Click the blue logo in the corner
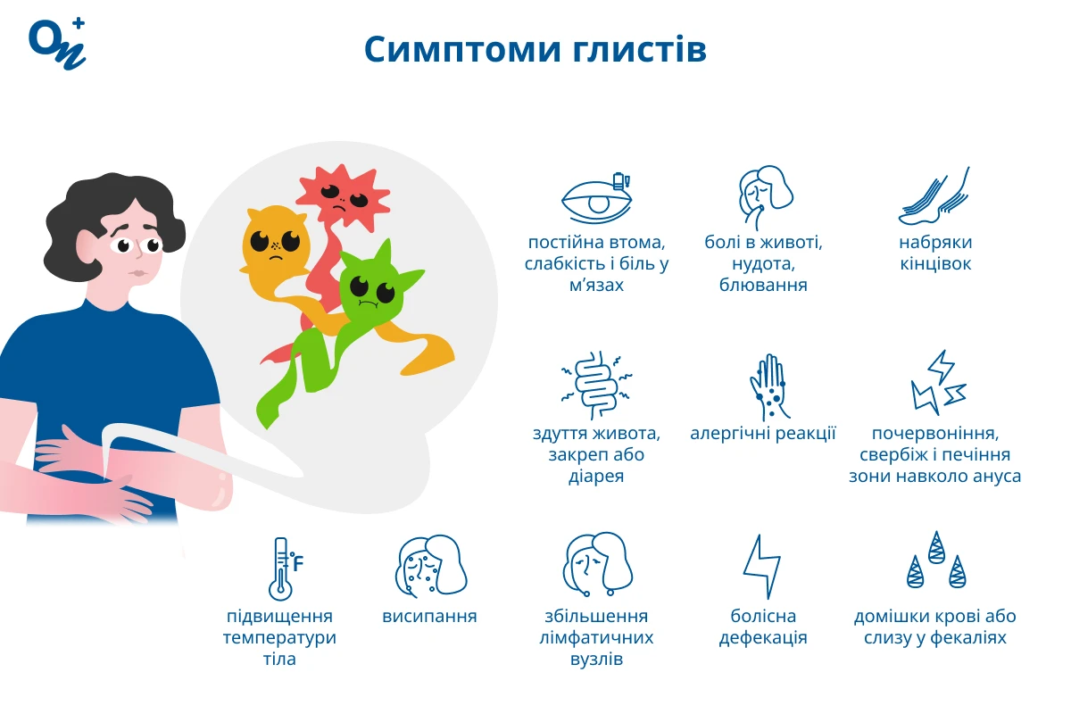(57, 44)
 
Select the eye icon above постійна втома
(597, 198)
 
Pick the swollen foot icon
(934, 196)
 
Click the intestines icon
(596, 385)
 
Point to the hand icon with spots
(768, 386)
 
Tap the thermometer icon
(286, 569)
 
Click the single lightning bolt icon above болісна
(762, 567)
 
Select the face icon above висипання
(431, 566)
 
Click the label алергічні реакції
(763, 433)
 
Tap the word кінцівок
(935, 264)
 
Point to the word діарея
(596, 477)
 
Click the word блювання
(763, 286)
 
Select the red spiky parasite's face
(344, 197)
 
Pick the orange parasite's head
(275, 243)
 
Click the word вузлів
(596, 659)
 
